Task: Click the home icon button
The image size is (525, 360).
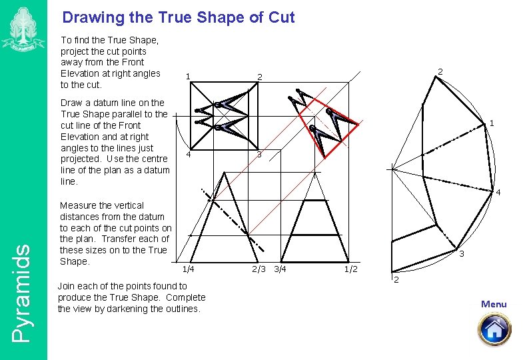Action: tap(494, 329)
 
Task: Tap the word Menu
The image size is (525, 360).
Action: tap(494, 305)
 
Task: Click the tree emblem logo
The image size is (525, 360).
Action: tap(23, 29)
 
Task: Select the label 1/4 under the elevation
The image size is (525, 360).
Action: tap(189, 269)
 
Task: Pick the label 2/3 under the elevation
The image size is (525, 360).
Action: tap(259, 269)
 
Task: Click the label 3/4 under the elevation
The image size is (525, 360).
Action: tap(280, 269)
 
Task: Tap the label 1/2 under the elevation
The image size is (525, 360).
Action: tap(351, 269)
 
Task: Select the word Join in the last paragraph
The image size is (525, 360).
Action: tap(68, 286)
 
